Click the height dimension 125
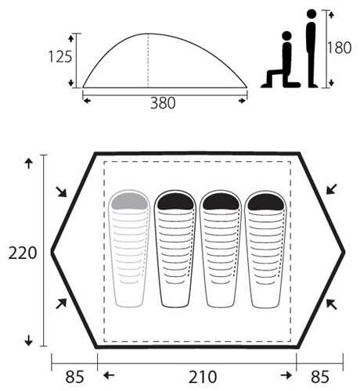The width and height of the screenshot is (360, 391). click(60, 57)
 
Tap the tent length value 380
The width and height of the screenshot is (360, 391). click(163, 103)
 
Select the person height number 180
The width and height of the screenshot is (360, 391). click(340, 48)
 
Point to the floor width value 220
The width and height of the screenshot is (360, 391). click(23, 253)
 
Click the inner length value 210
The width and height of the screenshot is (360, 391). click(203, 377)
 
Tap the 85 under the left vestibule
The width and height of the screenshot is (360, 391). click(75, 377)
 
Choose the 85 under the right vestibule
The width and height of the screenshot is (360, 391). click(320, 377)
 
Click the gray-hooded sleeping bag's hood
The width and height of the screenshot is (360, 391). click(129, 201)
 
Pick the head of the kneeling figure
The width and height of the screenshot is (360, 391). click(286, 36)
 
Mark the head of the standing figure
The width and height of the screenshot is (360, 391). click(311, 14)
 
